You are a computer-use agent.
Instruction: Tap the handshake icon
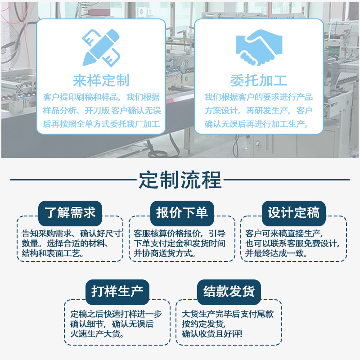tap(258, 47)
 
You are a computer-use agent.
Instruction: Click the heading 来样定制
tap(101, 80)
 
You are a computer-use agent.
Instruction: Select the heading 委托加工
tap(258, 81)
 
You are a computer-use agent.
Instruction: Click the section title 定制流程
tap(180, 180)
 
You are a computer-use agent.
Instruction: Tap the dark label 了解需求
tap(71, 212)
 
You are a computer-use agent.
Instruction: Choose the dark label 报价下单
tap(182, 212)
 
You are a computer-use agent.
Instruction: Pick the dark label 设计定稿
tap(293, 212)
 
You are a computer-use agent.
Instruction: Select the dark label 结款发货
tap(229, 292)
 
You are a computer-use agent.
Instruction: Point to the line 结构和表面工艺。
tap(53, 253)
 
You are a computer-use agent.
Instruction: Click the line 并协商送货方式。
tap(165, 253)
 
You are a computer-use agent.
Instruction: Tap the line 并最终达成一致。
tap(276, 253)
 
